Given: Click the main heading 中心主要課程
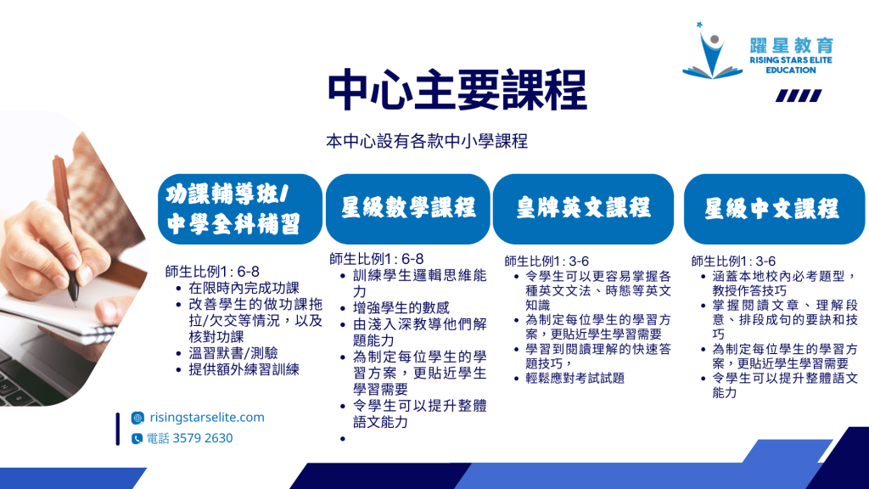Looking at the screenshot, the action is (x=457, y=90).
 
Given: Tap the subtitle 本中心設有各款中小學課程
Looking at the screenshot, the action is (x=427, y=142).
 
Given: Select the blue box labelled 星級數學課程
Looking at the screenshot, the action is (x=408, y=209).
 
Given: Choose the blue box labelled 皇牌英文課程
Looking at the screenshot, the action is (x=583, y=209).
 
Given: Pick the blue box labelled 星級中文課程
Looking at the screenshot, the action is (x=774, y=209).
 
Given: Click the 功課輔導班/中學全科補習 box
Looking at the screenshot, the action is (x=240, y=209).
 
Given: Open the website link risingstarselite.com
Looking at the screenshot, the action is (x=207, y=417).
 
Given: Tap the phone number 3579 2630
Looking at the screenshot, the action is (x=203, y=438).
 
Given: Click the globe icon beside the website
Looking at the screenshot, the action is (x=137, y=418).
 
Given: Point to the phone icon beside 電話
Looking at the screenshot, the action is (x=137, y=439).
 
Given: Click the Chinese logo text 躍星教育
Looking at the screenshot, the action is (x=792, y=46).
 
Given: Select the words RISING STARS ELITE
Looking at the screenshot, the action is (x=791, y=60).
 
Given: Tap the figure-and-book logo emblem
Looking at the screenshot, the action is (x=712, y=51).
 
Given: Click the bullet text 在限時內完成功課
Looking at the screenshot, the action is (x=244, y=289).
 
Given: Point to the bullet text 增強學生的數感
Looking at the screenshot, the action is (x=401, y=307).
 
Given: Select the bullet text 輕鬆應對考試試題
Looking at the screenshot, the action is (x=575, y=378).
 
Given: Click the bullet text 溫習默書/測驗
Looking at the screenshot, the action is (x=233, y=353).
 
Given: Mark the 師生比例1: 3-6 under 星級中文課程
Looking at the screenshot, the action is (x=733, y=261).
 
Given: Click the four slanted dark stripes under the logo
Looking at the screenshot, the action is (x=799, y=96).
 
